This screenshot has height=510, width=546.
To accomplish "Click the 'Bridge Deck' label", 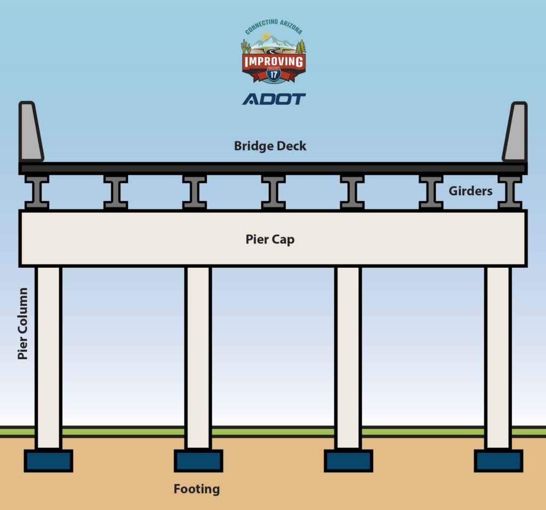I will (270, 146).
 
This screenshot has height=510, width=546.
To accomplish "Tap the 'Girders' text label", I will (470, 190).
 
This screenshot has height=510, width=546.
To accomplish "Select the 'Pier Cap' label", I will (270, 240).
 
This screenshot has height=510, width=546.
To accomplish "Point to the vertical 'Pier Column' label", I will (23, 323).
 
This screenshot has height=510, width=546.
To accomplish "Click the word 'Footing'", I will (197, 489).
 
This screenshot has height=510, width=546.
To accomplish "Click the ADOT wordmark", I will (274, 99).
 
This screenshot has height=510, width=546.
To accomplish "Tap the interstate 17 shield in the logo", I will (274, 74).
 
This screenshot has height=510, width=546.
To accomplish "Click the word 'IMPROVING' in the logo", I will (274, 62).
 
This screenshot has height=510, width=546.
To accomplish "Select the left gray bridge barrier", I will (30, 132).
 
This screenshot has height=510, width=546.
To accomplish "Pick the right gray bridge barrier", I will (515, 132).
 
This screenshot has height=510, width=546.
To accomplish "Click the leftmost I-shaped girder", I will (37, 192).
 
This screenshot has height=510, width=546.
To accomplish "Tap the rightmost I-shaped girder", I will (510, 192).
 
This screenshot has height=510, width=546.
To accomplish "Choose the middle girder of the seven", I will (273, 192).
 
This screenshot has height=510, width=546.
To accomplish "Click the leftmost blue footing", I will (48, 461).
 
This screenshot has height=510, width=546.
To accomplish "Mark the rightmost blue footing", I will (499, 461).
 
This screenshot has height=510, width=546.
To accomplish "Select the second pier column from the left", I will (198, 357).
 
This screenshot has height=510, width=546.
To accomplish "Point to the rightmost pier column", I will (499, 357).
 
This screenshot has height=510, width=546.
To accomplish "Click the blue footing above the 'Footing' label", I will (198, 461).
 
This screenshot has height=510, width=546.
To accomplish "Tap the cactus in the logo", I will (246, 46).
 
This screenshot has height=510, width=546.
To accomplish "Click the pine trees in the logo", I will (301, 47).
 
